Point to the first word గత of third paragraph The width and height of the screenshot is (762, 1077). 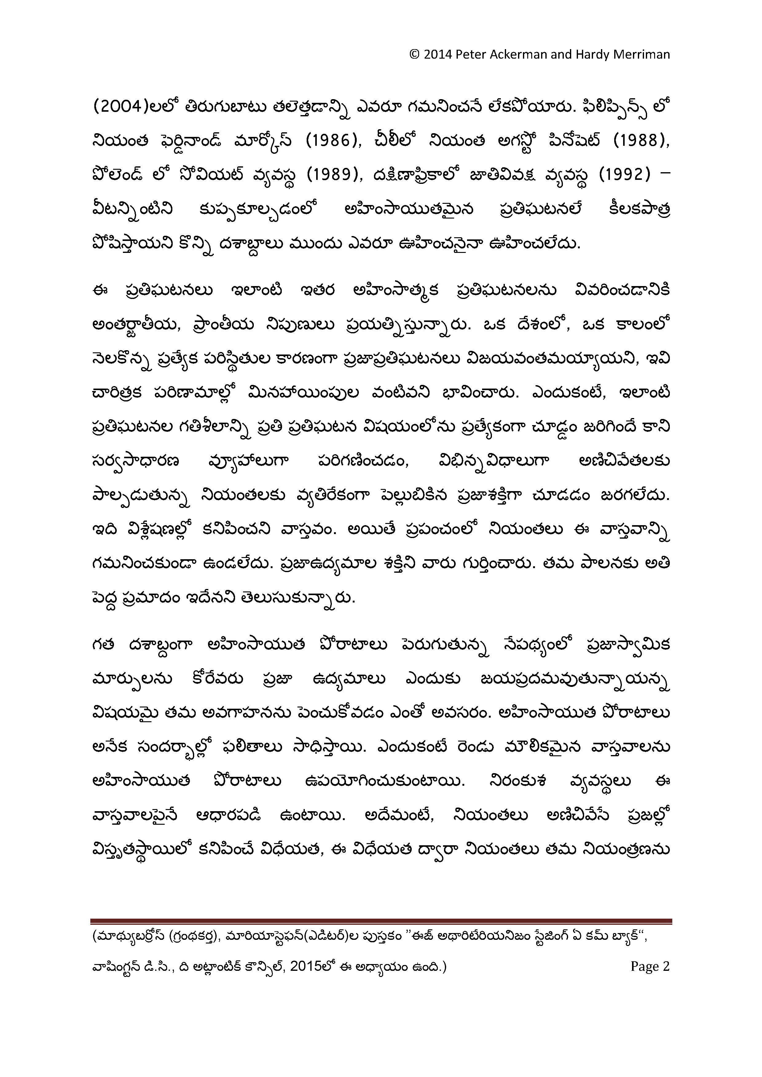click(103, 646)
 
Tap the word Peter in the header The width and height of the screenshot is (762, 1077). click(470, 55)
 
